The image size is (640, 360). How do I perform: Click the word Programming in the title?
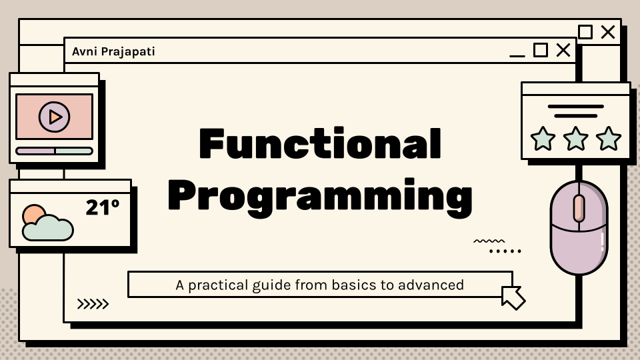(321, 196)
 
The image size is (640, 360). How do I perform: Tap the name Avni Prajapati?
(113, 52)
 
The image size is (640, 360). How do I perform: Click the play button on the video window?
(54, 117)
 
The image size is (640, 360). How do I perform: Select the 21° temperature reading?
(103, 207)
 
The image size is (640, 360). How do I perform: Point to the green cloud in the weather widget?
(48, 228)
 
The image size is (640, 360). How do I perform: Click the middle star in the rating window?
(575, 139)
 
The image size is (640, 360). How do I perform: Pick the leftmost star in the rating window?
(543, 139)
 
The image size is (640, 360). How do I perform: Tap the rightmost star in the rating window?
(609, 139)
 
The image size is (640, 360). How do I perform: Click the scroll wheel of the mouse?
(579, 208)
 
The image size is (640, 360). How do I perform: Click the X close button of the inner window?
(563, 50)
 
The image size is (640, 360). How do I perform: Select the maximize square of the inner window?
(541, 50)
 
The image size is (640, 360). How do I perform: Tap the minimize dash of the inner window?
(517, 55)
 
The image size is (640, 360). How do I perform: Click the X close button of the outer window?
(608, 32)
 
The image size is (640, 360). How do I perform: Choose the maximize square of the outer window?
(585, 32)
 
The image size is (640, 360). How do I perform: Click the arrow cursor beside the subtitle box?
(513, 297)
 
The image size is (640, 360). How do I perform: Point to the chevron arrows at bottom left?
(93, 304)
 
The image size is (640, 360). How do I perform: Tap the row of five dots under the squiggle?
(505, 251)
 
